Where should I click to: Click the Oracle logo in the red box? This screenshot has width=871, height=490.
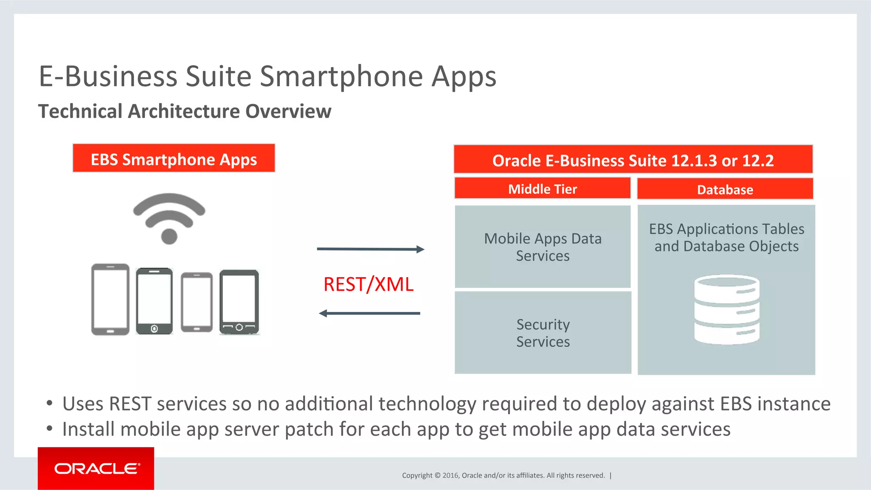(97, 468)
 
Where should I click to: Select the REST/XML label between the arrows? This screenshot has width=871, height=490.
(368, 284)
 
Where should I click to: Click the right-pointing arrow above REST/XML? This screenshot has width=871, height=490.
(370, 249)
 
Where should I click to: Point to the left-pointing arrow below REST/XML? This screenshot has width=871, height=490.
(369, 314)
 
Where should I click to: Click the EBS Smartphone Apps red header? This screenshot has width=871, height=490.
(174, 159)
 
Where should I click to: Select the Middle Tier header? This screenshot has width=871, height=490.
(542, 189)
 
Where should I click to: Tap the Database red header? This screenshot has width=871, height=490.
(725, 189)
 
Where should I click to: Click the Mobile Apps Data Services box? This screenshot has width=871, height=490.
(543, 247)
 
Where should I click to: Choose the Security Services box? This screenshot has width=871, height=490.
(543, 333)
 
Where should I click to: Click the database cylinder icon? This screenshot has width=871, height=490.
(726, 309)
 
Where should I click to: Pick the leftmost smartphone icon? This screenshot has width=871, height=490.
(110, 299)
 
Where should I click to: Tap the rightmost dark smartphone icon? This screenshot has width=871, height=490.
(239, 302)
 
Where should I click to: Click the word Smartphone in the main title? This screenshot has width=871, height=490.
(341, 76)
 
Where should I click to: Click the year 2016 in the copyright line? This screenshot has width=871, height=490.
(450, 476)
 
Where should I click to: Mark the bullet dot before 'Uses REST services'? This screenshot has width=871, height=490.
(50, 403)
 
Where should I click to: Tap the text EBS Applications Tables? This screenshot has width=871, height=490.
(726, 229)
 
